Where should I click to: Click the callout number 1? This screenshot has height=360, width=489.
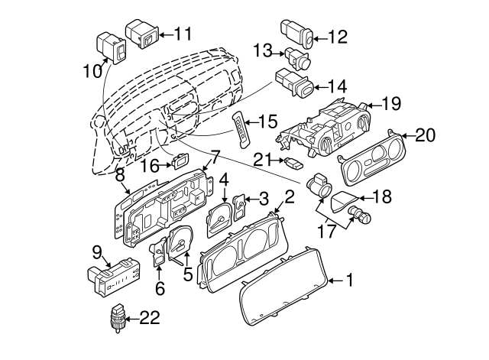(x=349, y=281)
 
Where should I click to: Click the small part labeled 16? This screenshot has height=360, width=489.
(x=180, y=161)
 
